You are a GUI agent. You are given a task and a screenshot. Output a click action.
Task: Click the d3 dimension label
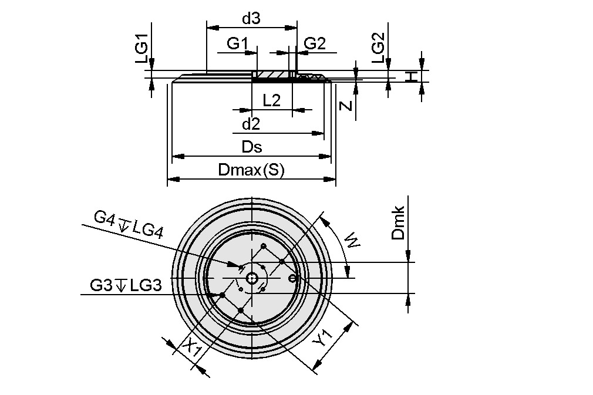[x=251, y=19]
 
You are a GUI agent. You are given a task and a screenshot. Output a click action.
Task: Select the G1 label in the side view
[x=238, y=43]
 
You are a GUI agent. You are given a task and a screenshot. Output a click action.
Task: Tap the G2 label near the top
[x=315, y=43]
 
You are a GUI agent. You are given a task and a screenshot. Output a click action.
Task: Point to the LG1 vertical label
[x=141, y=48]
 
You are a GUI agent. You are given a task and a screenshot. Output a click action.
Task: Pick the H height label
[x=413, y=76]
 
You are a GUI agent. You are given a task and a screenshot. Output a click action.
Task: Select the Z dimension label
[x=347, y=106]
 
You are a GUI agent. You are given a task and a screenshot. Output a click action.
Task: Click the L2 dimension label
[x=271, y=100]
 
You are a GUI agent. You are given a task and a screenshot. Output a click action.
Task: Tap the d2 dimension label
[x=251, y=124]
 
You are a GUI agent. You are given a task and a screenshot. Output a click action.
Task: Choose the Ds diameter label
[x=252, y=147]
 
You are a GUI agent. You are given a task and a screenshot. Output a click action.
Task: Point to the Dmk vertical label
[x=399, y=223]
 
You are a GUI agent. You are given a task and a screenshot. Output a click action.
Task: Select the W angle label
[x=352, y=240]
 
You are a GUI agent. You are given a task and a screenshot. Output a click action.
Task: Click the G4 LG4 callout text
[x=127, y=224]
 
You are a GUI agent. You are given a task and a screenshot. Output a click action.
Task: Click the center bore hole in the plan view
[x=252, y=278]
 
